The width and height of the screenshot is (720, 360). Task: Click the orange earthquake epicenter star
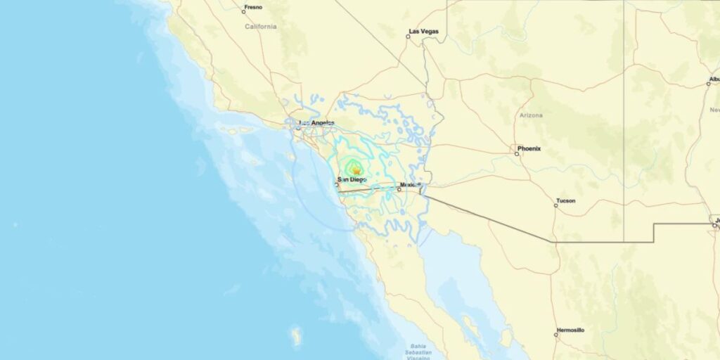coord(356,170)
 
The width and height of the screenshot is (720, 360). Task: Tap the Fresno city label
coord(253,7)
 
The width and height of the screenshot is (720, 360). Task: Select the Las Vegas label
coord(423,31)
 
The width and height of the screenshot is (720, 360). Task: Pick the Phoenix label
coord(529,148)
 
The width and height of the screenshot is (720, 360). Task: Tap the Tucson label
coord(565,201)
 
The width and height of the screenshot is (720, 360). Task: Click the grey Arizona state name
coord(531,115)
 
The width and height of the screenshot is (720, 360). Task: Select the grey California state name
coord(261,27)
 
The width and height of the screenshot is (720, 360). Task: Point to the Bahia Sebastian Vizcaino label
coord(420,351)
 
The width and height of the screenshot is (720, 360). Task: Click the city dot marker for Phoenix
coord(517,153)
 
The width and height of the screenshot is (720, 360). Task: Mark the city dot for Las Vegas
coord(408,36)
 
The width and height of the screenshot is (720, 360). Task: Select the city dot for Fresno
coord(244,11)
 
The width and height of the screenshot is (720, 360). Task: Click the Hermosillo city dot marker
coord(555,334)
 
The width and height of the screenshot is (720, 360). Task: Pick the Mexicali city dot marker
coord(399,188)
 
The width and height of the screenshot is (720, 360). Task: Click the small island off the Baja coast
coord(297,335)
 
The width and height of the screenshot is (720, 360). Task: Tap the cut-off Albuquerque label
coord(714,79)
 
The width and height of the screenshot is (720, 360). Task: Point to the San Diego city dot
coord(336,184)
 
